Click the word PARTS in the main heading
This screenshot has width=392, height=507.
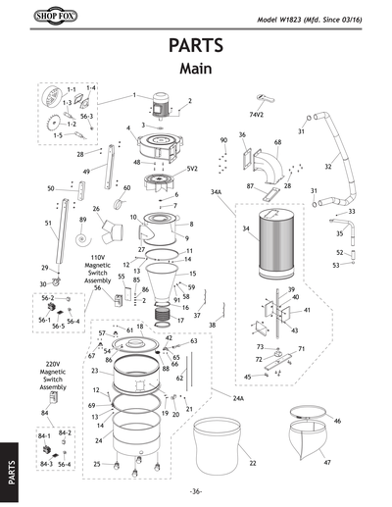[x=195, y=46]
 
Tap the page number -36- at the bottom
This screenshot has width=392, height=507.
[x=196, y=491]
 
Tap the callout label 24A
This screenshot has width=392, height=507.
[x=238, y=400]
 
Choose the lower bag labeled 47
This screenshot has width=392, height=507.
[x=314, y=451]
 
